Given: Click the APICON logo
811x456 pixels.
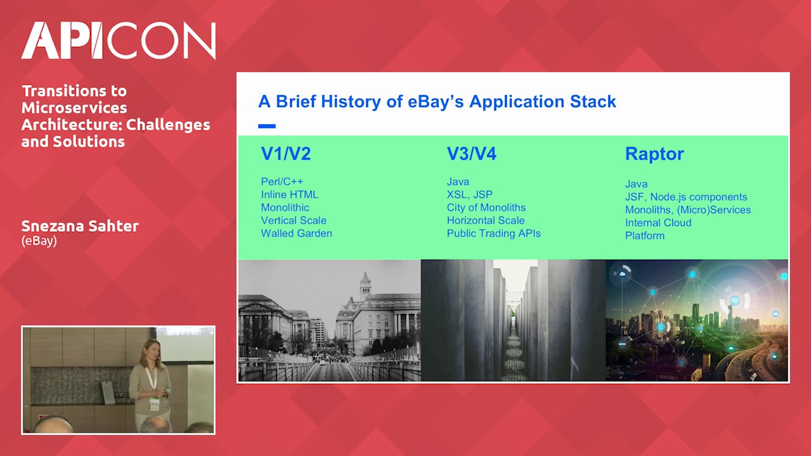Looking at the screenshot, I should [118, 41].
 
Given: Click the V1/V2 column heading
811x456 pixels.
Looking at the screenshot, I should [286, 153].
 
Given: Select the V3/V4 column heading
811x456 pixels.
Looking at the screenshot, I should [471, 153].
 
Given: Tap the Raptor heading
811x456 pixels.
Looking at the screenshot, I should [654, 154].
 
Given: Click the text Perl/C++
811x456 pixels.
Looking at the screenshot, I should [281, 182].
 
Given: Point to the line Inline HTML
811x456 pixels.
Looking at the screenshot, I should [290, 194].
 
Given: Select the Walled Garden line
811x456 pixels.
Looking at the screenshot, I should [296, 233].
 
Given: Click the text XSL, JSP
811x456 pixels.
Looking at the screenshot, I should [469, 194].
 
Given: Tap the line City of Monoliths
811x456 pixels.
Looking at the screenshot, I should [486, 208].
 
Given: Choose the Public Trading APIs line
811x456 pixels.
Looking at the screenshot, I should [494, 233].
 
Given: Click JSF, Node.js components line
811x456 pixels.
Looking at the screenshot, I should [686, 197].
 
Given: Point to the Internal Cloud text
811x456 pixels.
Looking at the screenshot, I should [658, 223].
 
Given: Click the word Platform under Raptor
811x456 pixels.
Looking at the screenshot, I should [644, 236].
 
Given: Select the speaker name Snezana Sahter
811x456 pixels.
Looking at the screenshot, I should [80, 227].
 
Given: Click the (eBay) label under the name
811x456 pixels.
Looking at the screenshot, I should [39, 241].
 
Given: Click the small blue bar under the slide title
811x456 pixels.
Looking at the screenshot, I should [267, 126].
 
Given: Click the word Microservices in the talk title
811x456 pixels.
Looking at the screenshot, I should [74, 108].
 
